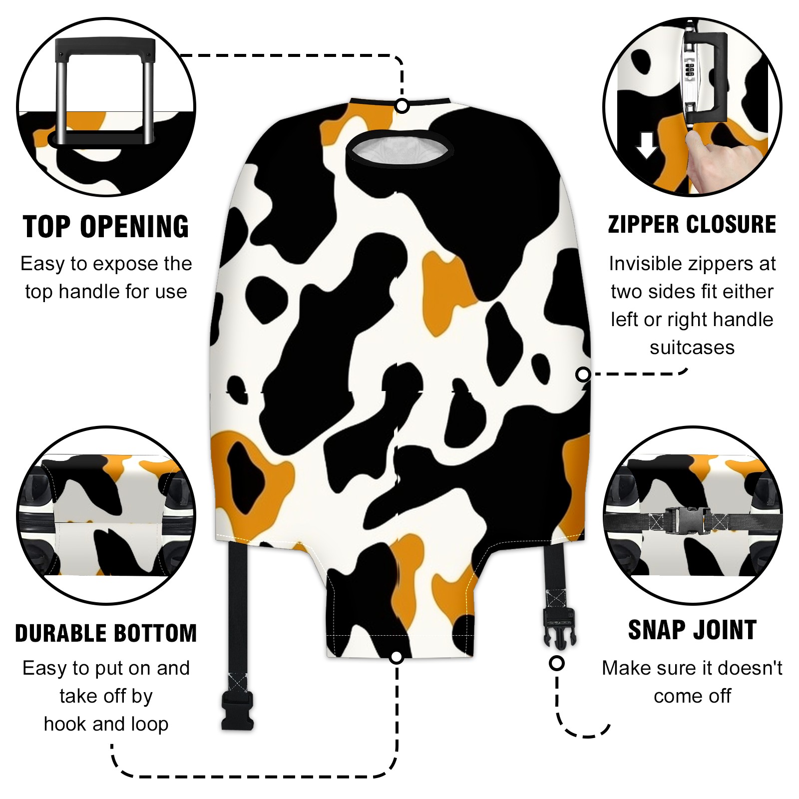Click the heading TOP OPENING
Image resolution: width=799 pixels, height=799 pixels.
pyautogui.click(x=106, y=227)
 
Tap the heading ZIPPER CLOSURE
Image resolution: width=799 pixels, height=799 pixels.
pyautogui.click(x=692, y=224)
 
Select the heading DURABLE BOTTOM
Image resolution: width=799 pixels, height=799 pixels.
pyautogui.click(x=106, y=633)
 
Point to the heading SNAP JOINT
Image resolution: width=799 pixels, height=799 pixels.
pyautogui.click(x=692, y=630)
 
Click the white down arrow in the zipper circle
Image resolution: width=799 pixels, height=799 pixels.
pyautogui.click(x=647, y=145)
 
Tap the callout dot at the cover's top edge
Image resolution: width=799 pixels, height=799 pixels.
pyautogui.click(x=402, y=106)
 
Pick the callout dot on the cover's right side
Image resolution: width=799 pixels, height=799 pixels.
pyautogui.click(x=583, y=374)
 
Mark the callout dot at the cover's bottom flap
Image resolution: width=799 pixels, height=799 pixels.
pyautogui.click(x=397, y=657)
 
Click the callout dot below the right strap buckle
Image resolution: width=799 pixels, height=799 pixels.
pyautogui.click(x=556, y=663)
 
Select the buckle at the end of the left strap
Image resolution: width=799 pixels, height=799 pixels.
pyautogui.click(x=237, y=711)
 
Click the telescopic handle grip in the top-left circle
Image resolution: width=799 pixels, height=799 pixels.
pyautogui.click(x=105, y=47)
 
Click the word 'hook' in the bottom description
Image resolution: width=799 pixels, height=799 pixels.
pyautogui.click(x=66, y=724)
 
